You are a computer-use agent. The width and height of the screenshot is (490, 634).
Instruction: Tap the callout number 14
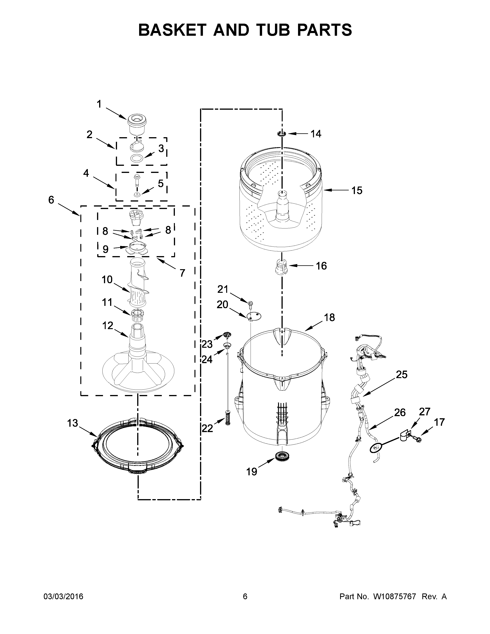point(316,134)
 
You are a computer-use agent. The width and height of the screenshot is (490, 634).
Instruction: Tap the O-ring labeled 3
point(137,158)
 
